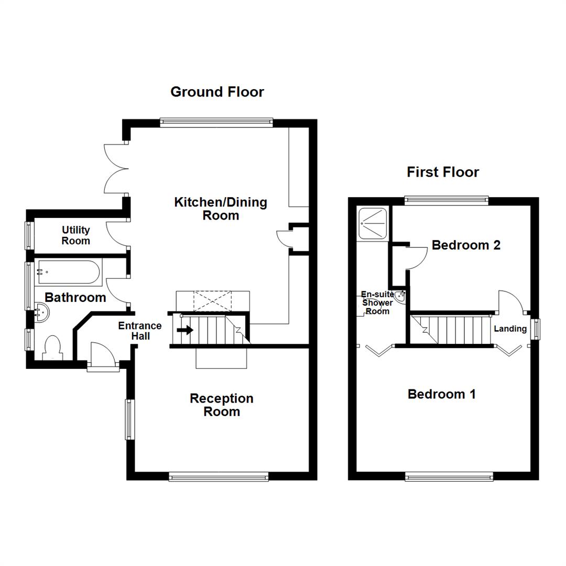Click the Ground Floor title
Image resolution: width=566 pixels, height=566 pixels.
(x=217, y=92)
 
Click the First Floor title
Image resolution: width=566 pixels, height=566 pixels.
(x=443, y=172)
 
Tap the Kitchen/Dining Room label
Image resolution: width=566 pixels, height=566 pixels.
(x=221, y=209)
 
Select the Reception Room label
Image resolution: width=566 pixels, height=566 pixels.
(x=222, y=405)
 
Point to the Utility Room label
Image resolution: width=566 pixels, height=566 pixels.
(x=76, y=236)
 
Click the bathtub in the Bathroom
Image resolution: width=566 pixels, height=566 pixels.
(x=67, y=272)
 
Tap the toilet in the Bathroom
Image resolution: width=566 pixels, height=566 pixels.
(x=53, y=349)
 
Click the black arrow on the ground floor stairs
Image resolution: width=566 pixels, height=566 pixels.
(x=184, y=330)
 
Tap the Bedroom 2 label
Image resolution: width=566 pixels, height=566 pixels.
(x=466, y=245)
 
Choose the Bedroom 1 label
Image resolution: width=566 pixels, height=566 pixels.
(x=442, y=394)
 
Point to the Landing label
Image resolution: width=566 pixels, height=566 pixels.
(x=510, y=329)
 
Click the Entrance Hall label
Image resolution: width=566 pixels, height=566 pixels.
(x=140, y=331)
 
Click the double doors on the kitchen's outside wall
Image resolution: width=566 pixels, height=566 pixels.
(x=116, y=168)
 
